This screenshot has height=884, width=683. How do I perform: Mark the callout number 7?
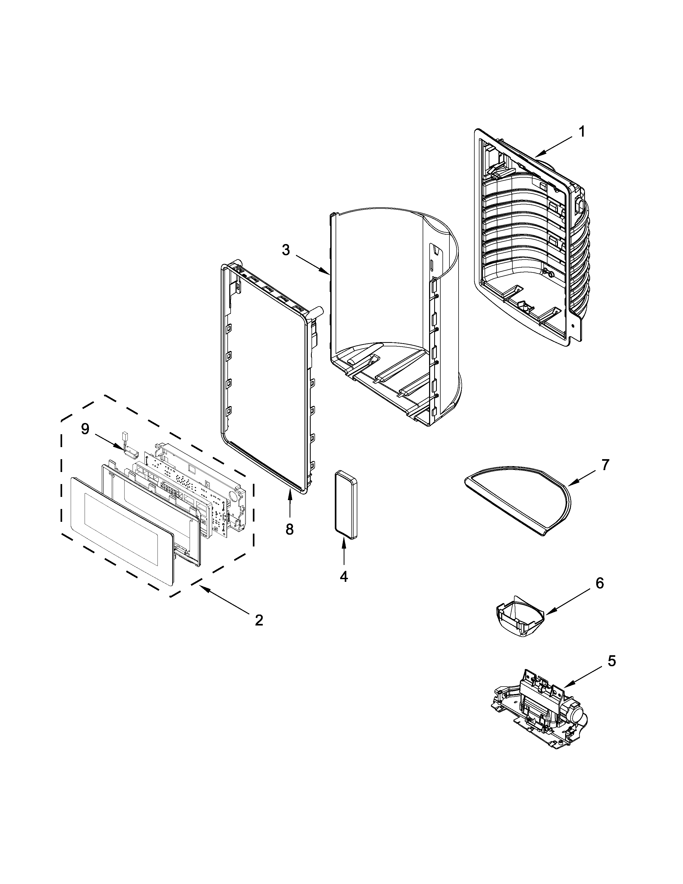coord(605,465)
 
